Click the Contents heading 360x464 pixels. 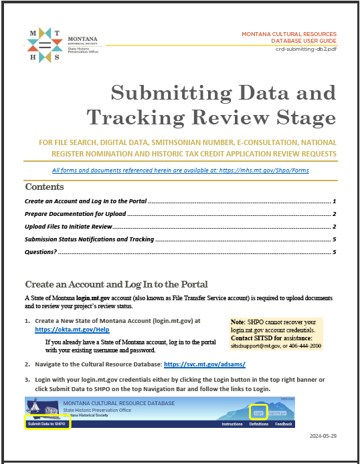44,187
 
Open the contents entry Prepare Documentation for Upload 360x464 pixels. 75,214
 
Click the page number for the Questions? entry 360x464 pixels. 333,252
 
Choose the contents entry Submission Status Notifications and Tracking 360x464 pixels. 89,239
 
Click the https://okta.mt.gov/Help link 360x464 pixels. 72,330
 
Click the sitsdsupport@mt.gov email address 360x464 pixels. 256,346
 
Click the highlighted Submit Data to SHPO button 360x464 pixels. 47,424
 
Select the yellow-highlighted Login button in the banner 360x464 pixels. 258,413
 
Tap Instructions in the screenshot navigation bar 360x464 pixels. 232,424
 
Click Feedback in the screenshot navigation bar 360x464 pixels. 284,424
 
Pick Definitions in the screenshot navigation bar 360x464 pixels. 258,424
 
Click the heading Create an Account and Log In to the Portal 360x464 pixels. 116,284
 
